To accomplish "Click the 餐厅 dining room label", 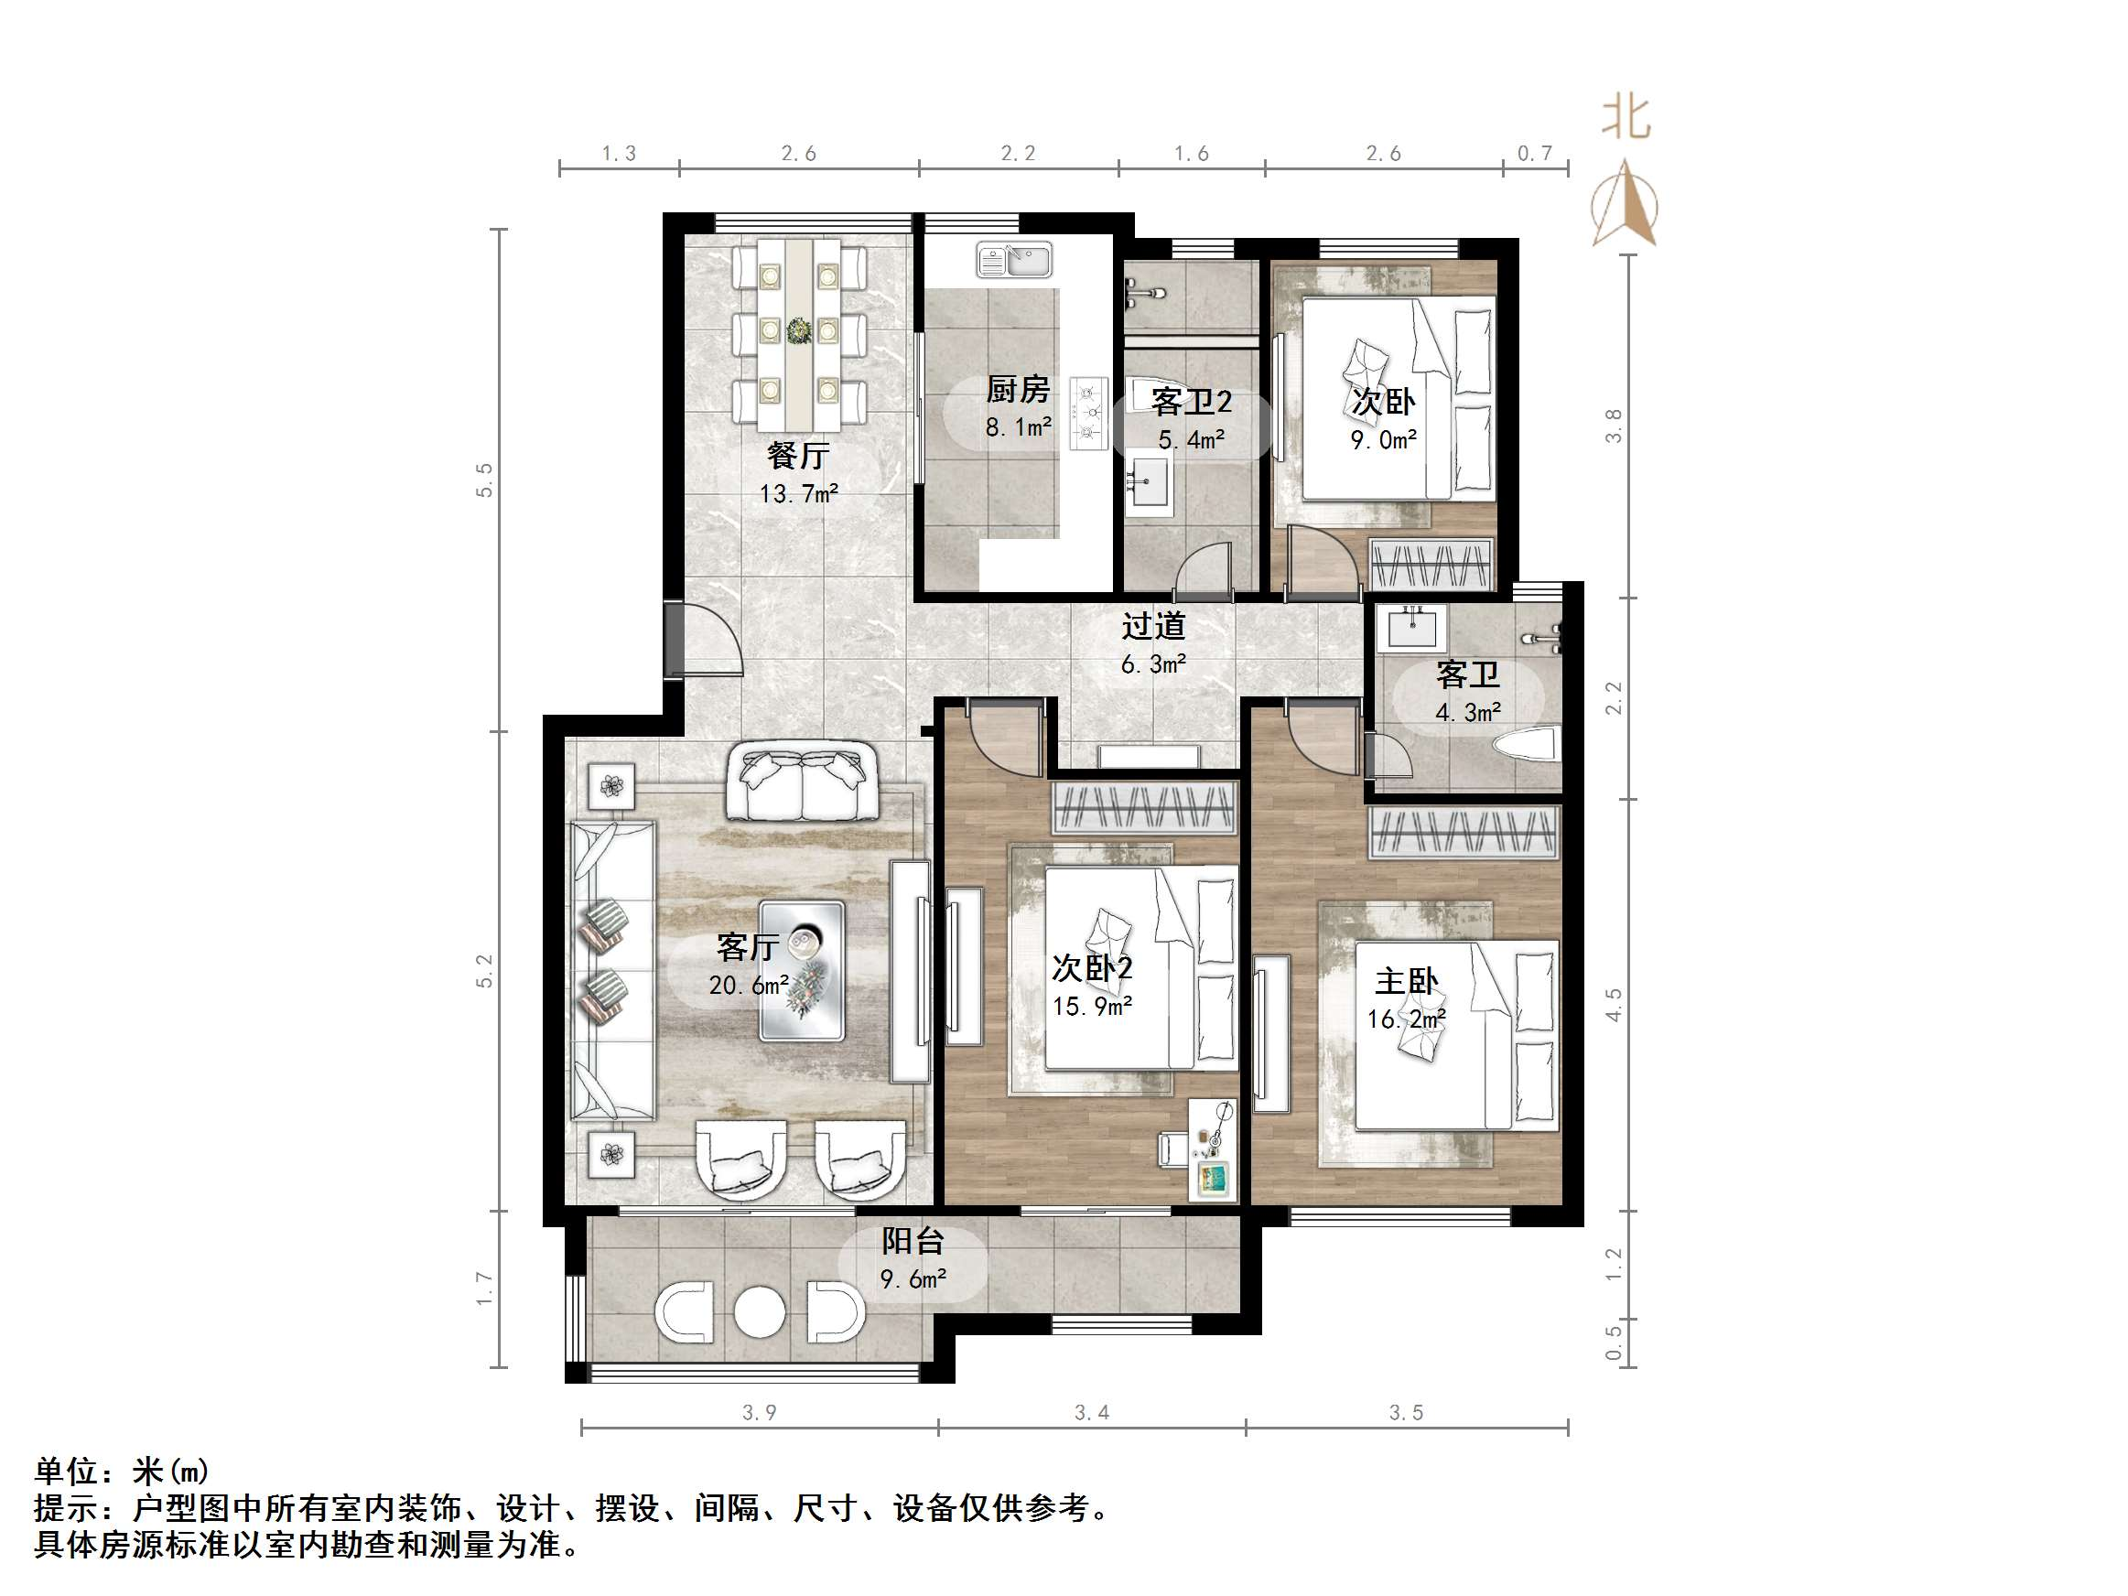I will pyautogui.click(x=797, y=454).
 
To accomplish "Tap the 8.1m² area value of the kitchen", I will pyautogui.click(x=1018, y=427).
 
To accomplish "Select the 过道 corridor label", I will pyautogui.click(x=1153, y=626).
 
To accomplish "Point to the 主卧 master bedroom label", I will pyautogui.click(x=1406, y=981).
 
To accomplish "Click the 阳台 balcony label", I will pyautogui.click(x=913, y=1242).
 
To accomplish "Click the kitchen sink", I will pyautogui.click(x=1015, y=259).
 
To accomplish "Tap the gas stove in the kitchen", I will pyautogui.click(x=1090, y=412).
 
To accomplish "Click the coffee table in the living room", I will pyautogui.click(x=803, y=971).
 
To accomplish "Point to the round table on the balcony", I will pyautogui.click(x=759, y=1311).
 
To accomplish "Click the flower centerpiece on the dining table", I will pyautogui.click(x=798, y=331).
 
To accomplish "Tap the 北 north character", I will pyautogui.click(x=1625, y=118).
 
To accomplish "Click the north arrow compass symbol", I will pyautogui.click(x=1625, y=205).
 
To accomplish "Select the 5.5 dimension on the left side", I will pyautogui.click(x=485, y=480).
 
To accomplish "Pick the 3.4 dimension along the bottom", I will pyautogui.click(x=1092, y=1413).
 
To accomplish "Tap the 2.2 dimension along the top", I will pyautogui.click(x=1018, y=154).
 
